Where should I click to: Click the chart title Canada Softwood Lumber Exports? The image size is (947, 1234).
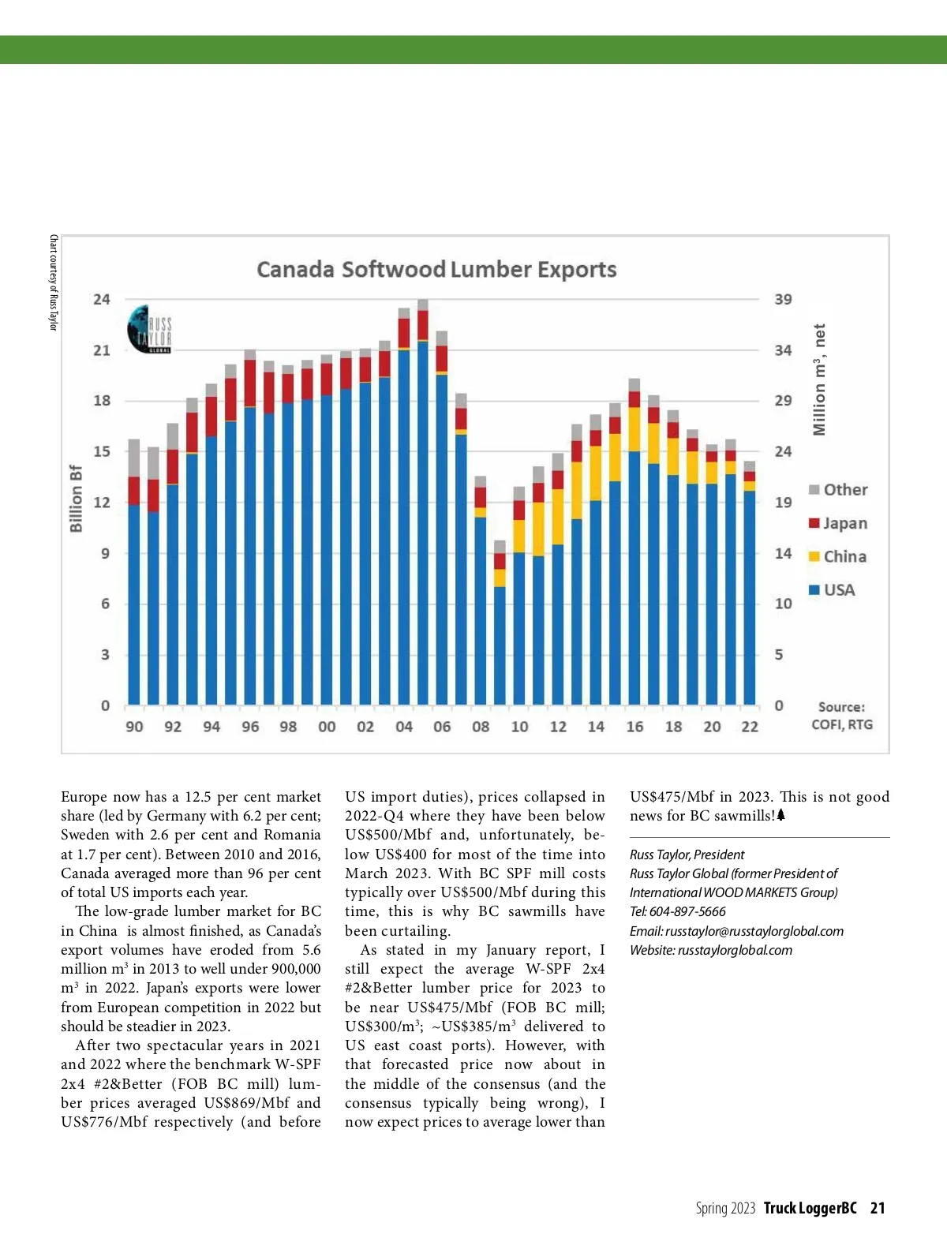point(436,270)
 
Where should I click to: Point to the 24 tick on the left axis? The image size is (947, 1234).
point(102,299)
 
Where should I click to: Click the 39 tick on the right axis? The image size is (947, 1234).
point(783,299)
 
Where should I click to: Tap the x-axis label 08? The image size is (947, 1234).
point(481,727)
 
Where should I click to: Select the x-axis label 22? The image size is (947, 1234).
point(750,727)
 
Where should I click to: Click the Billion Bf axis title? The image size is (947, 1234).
point(76,498)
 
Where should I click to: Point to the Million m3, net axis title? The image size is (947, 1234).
point(820,380)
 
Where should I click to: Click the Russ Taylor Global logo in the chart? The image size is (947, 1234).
point(149,329)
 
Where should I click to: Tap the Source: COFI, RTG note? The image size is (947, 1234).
point(842,716)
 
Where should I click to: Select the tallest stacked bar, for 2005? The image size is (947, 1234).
point(423,505)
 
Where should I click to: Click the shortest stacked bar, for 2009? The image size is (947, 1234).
point(500,623)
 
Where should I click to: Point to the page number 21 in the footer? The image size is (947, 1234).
point(878,1208)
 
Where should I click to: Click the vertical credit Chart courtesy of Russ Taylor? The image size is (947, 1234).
point(54,282)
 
